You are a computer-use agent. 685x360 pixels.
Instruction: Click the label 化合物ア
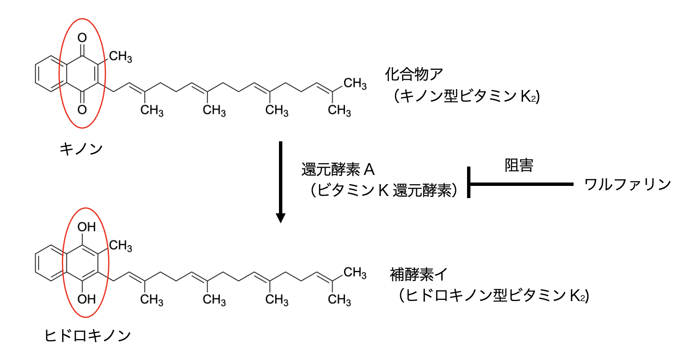414,74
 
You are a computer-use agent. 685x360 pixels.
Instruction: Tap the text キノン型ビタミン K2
466,96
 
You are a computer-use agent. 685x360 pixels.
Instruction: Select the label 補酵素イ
418,275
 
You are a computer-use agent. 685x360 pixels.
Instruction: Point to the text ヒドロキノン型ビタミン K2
494,295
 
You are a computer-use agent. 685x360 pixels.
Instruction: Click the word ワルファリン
627,184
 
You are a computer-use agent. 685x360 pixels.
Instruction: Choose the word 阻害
519,165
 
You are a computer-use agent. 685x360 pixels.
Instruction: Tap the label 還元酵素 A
337,169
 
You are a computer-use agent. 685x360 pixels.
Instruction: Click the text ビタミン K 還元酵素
384,191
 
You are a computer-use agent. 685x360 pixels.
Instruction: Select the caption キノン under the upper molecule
81,149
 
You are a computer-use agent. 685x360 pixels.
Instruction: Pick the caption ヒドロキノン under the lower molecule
88,336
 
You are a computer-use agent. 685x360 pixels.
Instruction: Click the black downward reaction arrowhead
281,217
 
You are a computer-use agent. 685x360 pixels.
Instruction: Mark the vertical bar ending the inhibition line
469,183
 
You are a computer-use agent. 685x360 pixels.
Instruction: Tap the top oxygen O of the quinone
82,38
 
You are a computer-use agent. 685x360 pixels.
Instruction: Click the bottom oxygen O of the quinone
82,110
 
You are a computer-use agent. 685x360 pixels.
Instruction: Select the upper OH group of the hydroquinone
86,227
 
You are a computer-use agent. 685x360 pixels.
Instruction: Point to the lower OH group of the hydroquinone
86,299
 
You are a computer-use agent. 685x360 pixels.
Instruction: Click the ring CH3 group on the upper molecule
120,56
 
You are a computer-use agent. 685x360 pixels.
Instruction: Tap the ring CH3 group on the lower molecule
120,246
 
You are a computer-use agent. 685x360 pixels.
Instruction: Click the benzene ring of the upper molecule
50,74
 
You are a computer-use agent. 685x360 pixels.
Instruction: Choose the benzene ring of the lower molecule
50,263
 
